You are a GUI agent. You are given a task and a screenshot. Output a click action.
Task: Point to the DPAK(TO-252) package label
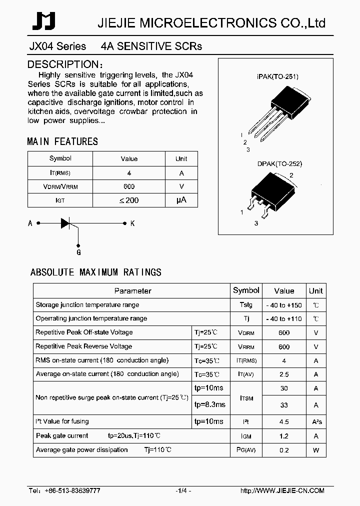279,163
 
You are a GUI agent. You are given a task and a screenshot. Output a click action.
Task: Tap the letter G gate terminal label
78,252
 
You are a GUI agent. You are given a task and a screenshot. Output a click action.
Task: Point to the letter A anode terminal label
30,223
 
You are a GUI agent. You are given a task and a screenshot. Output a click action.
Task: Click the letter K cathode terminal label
132,223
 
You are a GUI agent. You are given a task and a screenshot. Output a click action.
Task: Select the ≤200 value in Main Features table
128,200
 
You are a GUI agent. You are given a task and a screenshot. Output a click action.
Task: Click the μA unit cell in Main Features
181,200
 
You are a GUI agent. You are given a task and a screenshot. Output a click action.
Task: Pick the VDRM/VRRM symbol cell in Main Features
60,186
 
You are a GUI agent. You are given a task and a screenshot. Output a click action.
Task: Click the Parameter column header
132,290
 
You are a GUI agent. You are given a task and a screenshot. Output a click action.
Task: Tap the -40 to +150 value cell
283,305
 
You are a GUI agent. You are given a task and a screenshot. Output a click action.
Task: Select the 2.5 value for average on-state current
283,374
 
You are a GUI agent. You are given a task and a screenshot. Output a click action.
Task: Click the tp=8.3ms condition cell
209,404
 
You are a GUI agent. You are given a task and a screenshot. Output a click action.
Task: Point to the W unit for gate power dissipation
315,450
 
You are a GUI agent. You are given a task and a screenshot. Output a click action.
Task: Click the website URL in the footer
282,491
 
